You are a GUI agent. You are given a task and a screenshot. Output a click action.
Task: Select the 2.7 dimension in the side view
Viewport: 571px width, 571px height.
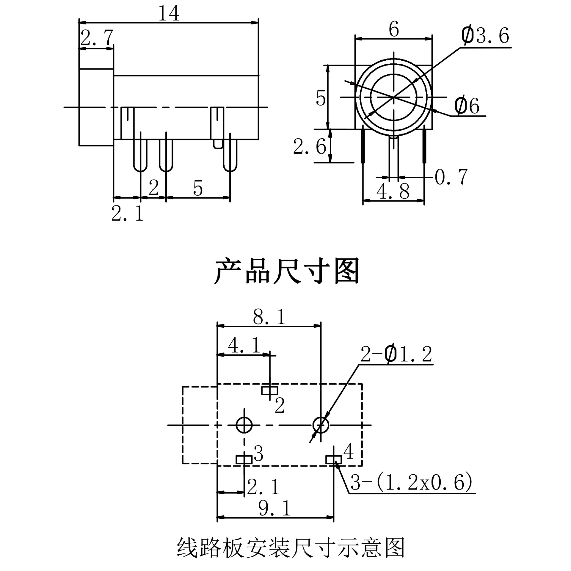tap(97, 37)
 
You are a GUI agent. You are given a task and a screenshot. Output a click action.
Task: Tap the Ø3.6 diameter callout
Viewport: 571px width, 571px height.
tap(485, 35)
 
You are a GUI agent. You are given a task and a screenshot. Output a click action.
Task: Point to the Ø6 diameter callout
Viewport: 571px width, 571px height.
tap(467, 106)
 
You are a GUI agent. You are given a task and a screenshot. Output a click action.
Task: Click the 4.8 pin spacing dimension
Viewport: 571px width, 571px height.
tap(393, 191)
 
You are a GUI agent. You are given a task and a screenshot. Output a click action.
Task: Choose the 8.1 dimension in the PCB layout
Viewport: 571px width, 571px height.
tap(269, 317)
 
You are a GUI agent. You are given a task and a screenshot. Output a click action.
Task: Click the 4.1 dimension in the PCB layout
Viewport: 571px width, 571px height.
tap(244, 346)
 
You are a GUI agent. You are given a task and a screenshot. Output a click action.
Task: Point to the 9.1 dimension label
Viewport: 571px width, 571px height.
tap(274, 508)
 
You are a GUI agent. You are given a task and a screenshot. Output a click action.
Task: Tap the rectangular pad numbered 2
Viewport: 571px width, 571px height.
tap(270, 390)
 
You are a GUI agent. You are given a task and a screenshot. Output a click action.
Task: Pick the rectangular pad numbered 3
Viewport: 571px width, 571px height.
tap(244, 460)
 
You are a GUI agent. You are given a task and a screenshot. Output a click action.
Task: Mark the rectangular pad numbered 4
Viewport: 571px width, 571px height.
tap(334, 460)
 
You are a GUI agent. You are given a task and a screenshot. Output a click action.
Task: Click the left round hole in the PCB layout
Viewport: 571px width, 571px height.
tap(244, 425)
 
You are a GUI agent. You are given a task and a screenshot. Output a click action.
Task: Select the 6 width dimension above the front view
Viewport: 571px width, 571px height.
tap(394, 29)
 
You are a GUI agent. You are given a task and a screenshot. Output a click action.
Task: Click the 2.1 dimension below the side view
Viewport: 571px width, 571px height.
tap(127, 213)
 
